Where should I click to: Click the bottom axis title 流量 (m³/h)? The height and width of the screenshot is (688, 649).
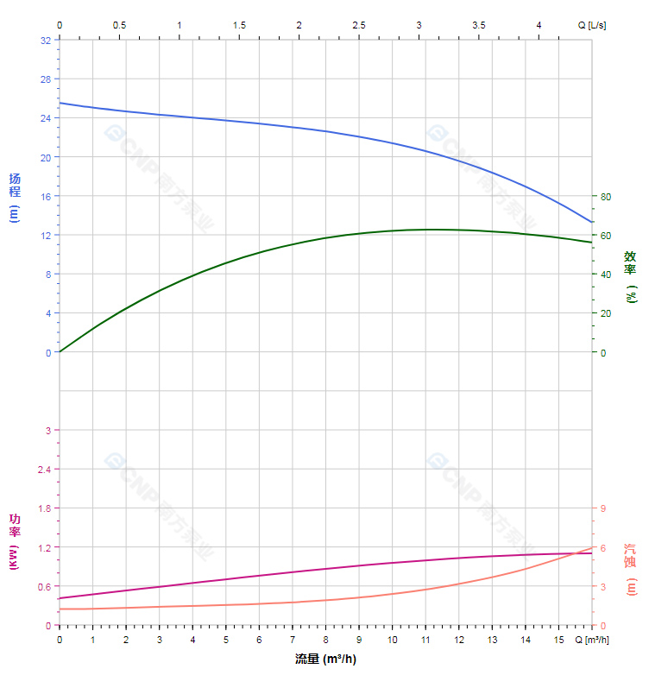point(325,660)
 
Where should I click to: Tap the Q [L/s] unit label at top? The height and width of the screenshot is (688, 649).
point(592,25)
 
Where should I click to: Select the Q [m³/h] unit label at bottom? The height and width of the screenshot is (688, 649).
point(594,640)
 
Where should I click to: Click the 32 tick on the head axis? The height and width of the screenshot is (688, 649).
point(45,40)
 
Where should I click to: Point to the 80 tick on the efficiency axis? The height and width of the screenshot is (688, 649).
point(606,197)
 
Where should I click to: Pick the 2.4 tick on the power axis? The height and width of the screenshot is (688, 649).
point(43,470)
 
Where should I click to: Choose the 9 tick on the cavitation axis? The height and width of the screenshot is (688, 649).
point(603,508)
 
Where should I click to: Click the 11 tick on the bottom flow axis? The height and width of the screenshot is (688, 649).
point(425,640)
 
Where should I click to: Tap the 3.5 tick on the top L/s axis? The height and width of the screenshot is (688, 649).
point(479,25)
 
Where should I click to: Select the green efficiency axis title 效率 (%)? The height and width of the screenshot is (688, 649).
point(631,276)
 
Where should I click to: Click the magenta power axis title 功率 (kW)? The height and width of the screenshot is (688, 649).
point(15,541)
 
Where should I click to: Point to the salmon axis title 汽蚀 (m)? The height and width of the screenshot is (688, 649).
point(631,569)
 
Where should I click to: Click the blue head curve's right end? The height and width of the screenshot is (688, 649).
point(592,222)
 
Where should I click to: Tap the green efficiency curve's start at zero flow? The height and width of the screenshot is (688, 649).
point(60,351)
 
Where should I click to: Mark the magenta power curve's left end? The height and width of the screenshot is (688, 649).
point(60,598)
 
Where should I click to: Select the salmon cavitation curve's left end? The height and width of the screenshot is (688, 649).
point(60,609)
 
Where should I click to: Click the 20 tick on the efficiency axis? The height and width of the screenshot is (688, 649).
point(606,313)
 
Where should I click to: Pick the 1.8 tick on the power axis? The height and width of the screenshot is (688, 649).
point(43,508)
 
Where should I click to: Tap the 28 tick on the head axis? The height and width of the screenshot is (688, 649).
point(45,79)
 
